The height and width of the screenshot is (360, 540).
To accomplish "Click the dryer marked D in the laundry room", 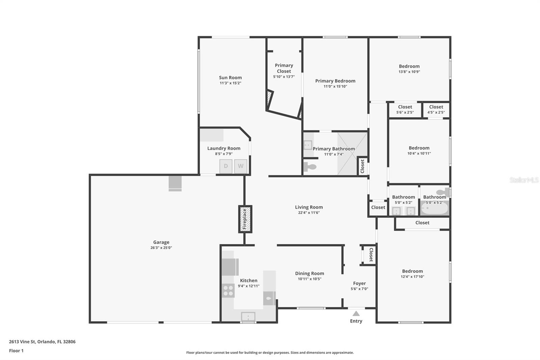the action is [226, 166].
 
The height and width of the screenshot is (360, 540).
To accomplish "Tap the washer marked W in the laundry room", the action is [241, 166].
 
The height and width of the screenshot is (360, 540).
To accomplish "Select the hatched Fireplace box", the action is [245, 219].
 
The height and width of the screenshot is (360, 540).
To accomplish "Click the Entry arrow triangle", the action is [356, 313].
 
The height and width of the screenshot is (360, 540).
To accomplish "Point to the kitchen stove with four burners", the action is [228, 290].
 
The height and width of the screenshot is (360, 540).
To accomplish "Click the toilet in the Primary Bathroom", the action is [310, 166].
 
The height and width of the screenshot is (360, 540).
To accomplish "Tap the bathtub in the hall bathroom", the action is [435, 208].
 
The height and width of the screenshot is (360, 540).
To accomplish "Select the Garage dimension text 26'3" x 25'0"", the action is [161, 248].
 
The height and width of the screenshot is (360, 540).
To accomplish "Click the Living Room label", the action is [309, 207].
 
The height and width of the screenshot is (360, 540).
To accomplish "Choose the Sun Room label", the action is [230, 77].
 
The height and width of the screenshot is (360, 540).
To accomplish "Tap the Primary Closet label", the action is [284, 68].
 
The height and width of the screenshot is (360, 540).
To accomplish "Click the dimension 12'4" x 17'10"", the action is [412, 277].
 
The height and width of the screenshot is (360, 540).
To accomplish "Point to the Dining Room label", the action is [309, 274].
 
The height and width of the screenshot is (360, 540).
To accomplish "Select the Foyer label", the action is [359, 283].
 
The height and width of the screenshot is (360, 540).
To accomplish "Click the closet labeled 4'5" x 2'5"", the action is [436, 110].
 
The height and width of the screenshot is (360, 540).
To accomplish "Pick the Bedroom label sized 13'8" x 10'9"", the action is [409, 66].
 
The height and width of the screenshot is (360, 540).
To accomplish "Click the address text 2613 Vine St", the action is [22, 342].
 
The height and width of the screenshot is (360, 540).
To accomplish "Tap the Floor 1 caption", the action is [16, 351].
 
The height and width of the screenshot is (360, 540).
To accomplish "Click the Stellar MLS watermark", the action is [524, 180].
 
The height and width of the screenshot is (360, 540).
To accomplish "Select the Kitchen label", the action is [248, 280].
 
